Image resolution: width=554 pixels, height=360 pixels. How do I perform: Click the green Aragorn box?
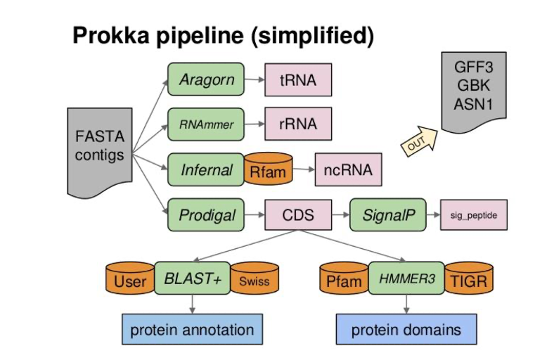tap(205, 79)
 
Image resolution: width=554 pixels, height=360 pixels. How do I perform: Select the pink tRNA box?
tap(297, 80)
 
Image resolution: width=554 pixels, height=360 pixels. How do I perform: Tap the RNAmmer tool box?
tap(205, 124)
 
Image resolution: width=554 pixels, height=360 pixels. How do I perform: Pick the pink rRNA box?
tap(297, 124)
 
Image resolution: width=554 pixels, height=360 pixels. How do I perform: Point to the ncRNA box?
tap(348, 169)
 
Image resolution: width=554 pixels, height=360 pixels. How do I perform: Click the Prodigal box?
tap(206, 214)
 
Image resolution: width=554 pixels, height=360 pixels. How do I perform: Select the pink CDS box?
tap(298, 214)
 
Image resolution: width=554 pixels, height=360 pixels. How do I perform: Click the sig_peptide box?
tap(473, 214)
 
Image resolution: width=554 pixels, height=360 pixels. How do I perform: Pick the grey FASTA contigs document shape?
tap(100, 149)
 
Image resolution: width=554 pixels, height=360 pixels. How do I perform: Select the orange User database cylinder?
tap(129, 281)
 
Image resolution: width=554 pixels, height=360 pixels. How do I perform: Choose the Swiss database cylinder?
tap(255, 281)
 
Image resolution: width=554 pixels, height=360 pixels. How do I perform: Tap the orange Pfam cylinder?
tap(344, 281)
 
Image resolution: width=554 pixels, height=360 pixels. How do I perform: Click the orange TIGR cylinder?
tap(467, 281)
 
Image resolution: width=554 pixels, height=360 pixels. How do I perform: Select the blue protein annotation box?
tap(192, 329)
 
